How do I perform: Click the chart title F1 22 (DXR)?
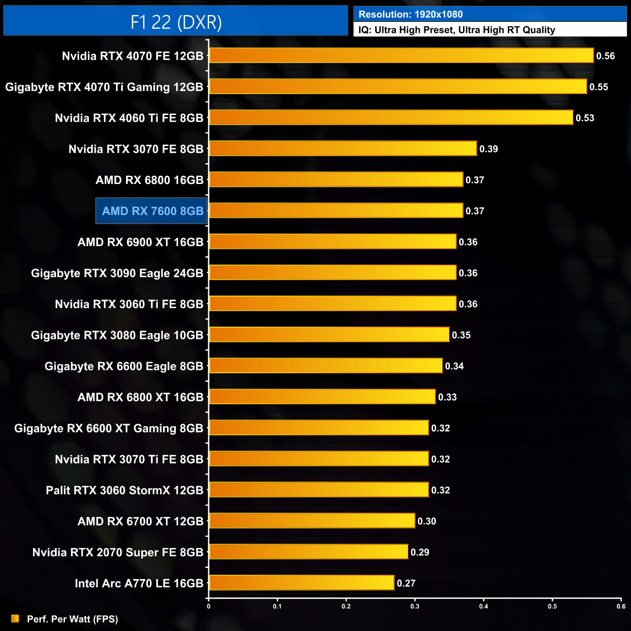tap(176, 22)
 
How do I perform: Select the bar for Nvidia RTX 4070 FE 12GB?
tap(401, 55)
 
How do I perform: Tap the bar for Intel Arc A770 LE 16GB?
tap(301, 582)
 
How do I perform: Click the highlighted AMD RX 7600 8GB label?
tap(152, 211)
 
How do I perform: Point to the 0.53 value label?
tap(584, 118)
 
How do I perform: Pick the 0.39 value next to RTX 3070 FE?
tap(488, 149)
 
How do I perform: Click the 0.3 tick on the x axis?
tap(415, 606)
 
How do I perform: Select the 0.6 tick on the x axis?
tap(621, 606)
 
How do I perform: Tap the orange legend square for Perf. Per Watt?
tap(15, 618)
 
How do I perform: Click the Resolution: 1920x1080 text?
tap(411, 15)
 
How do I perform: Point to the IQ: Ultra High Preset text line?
tap(456, 30)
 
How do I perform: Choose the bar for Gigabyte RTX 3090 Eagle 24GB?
tap(332, 273)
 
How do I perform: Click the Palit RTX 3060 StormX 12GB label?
tap(124, 490)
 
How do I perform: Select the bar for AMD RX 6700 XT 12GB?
tap(312, 521)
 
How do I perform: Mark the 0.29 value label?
tap(420, 552)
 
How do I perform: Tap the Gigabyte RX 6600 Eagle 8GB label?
tap(124, 366)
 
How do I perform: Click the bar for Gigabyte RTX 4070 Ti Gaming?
tap(398, 86)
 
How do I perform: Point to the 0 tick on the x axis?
tap(209, 606)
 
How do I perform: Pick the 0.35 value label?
tap(461, 335)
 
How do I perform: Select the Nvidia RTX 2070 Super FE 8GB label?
tap(117, 552)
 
